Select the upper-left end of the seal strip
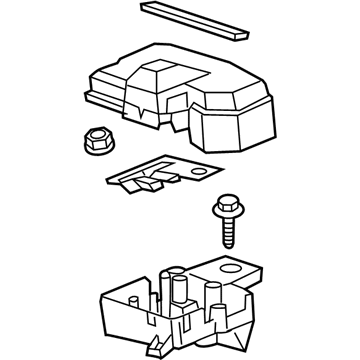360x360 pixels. [149, 7]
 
